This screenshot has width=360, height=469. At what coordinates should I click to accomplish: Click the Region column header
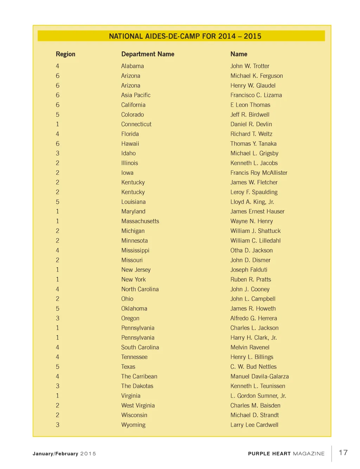pyautogui.click(x=65, y=54)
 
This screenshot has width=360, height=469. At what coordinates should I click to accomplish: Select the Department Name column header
pyautogui.click(x=148, y=54)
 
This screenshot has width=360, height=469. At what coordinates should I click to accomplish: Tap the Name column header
pyautogui.click(x=239, y=54)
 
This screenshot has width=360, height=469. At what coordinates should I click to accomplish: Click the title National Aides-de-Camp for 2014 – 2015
pyautogui.click(x=185, y=36)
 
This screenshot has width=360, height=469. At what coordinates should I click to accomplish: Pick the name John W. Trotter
pyautogui.click(x=250, y=66)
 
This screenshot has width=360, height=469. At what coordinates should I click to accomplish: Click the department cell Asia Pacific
pyautogui.click(x=136, y=95)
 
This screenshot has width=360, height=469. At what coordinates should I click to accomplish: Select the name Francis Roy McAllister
pyautogui.click(x=259, y=173)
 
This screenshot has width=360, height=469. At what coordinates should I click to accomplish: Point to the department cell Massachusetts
pyautogui.click(x=140, y=221)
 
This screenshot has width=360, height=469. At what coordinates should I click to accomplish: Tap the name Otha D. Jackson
pyautogui.click(x=251, y=250)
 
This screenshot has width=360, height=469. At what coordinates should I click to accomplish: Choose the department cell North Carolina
pyautogui.click(x=140, y=289)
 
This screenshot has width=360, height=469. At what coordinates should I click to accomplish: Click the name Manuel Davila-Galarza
pyautogui.click(x=259, y=377)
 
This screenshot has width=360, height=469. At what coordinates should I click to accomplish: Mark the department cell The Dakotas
pyautogui.click(x=137, y=386)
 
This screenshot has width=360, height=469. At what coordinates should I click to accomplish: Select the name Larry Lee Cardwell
pyautogui.click(x=254, y=425)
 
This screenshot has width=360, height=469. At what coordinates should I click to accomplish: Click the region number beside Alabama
pyautogui.click(x=58, y=66)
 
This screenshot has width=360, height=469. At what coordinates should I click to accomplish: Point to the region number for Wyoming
pyautogui.click(x=58, y=425)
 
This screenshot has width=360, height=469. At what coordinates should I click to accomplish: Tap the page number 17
pyautogui.click(x=343, y=453)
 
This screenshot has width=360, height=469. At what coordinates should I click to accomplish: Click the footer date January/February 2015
pyautogui.click(x=64, y=454)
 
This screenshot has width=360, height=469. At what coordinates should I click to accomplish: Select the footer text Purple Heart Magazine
pyautogui.click(x=286, y=454)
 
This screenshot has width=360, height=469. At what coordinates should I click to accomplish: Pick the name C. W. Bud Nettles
pyautogui.click(x=253, y=367)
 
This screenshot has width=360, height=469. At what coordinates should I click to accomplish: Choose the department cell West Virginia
pyautogui.click(x=138, y=405)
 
